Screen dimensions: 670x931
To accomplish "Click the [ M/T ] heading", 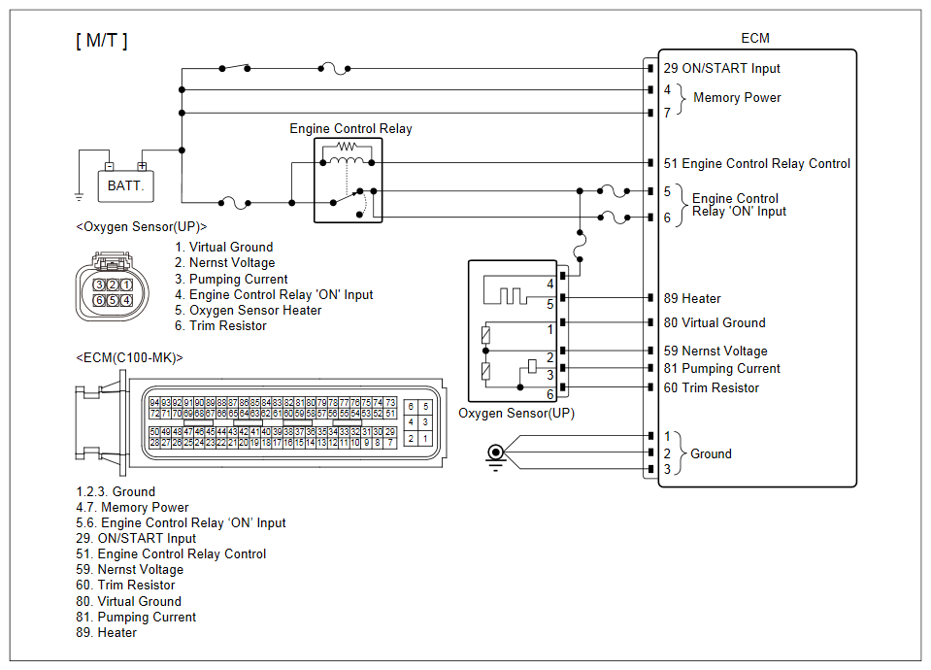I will click(x=102, y=40).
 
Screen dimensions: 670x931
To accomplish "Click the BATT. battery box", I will click(x=126, y=184).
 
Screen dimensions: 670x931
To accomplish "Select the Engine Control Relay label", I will click(x=350, y=128).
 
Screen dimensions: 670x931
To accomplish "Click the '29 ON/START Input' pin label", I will click(x=721, y=69).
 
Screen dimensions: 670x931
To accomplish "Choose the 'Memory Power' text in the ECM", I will click(x=737, y=97).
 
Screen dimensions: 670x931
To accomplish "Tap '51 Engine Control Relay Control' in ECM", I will click(x=756, y=164).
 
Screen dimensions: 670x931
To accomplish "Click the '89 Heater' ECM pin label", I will click(x=692, y=299).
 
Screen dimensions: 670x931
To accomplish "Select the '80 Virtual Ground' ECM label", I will click(x=715, y=322).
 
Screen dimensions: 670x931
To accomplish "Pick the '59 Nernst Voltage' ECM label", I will click(x=715, y=352).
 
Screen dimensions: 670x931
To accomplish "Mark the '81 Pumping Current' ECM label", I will click(x=721, y=369).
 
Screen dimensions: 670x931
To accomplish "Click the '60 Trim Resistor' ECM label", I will click(x=712, y=388).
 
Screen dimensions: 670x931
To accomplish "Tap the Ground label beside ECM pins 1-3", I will click(x=711, y=453).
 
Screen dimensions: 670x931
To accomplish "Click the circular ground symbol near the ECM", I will click(x=496, y=452).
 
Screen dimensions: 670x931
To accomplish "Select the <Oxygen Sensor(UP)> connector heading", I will click(x=141, y=226).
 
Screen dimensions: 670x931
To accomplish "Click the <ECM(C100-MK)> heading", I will click(x=128, y=357).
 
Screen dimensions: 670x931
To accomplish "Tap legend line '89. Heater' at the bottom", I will click(x=107, y=632).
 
